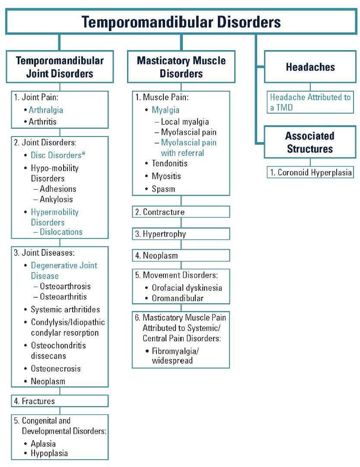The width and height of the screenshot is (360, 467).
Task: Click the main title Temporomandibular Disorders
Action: tap(181, 22)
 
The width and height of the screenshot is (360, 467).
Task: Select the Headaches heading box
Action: tap(310, 67)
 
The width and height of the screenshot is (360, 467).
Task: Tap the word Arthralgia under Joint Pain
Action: tap(46, 110)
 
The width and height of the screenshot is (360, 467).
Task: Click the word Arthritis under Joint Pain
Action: tap(43, 121)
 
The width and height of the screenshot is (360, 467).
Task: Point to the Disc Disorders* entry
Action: tap(58, 155)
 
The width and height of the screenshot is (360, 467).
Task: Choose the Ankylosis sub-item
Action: tap(56, 199)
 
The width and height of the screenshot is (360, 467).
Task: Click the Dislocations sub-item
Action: tap(61, 232)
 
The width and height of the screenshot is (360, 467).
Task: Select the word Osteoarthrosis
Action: tap(65, 286)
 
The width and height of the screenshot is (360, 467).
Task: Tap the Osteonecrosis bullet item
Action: tap(56, 369)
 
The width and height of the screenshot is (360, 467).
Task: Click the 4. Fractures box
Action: tap(60, 401)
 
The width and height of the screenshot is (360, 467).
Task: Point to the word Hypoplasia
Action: tap(49, 453)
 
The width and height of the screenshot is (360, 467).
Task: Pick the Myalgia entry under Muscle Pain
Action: tap(166, 110)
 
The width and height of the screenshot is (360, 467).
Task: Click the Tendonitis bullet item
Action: tap(169, 163)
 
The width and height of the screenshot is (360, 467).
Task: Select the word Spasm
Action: tap(163, 189)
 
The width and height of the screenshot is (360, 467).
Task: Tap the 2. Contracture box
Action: tap(181, 212)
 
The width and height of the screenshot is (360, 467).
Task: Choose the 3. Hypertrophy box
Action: tap(181, 234)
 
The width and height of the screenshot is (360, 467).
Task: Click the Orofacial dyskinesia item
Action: tap(187, 288)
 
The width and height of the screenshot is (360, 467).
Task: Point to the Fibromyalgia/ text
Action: tap(175, 351)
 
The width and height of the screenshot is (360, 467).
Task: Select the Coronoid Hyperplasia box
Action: tap(310, 172)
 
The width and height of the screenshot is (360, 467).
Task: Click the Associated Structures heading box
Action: tap(310, 142)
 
